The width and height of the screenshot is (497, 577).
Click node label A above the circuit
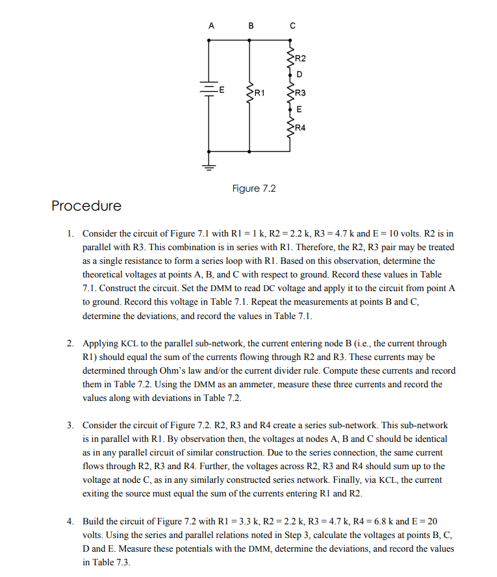[210, 26]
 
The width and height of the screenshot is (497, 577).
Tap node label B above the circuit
[251, 26]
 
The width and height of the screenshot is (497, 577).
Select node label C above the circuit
[292, 26]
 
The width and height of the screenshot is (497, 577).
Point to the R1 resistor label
[261, 94]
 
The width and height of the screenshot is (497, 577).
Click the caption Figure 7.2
[254, 189]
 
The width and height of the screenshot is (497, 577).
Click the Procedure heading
[86, 206]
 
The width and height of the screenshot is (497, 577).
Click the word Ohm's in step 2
[176, 370]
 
